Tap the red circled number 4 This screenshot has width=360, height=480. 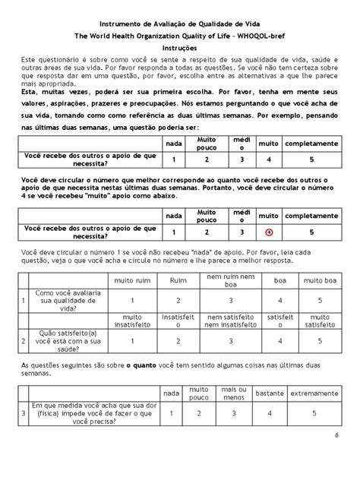tap(269, 232)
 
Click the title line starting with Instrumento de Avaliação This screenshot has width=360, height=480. tap(179, 24)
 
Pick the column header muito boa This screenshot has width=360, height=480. tap(311, 281)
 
